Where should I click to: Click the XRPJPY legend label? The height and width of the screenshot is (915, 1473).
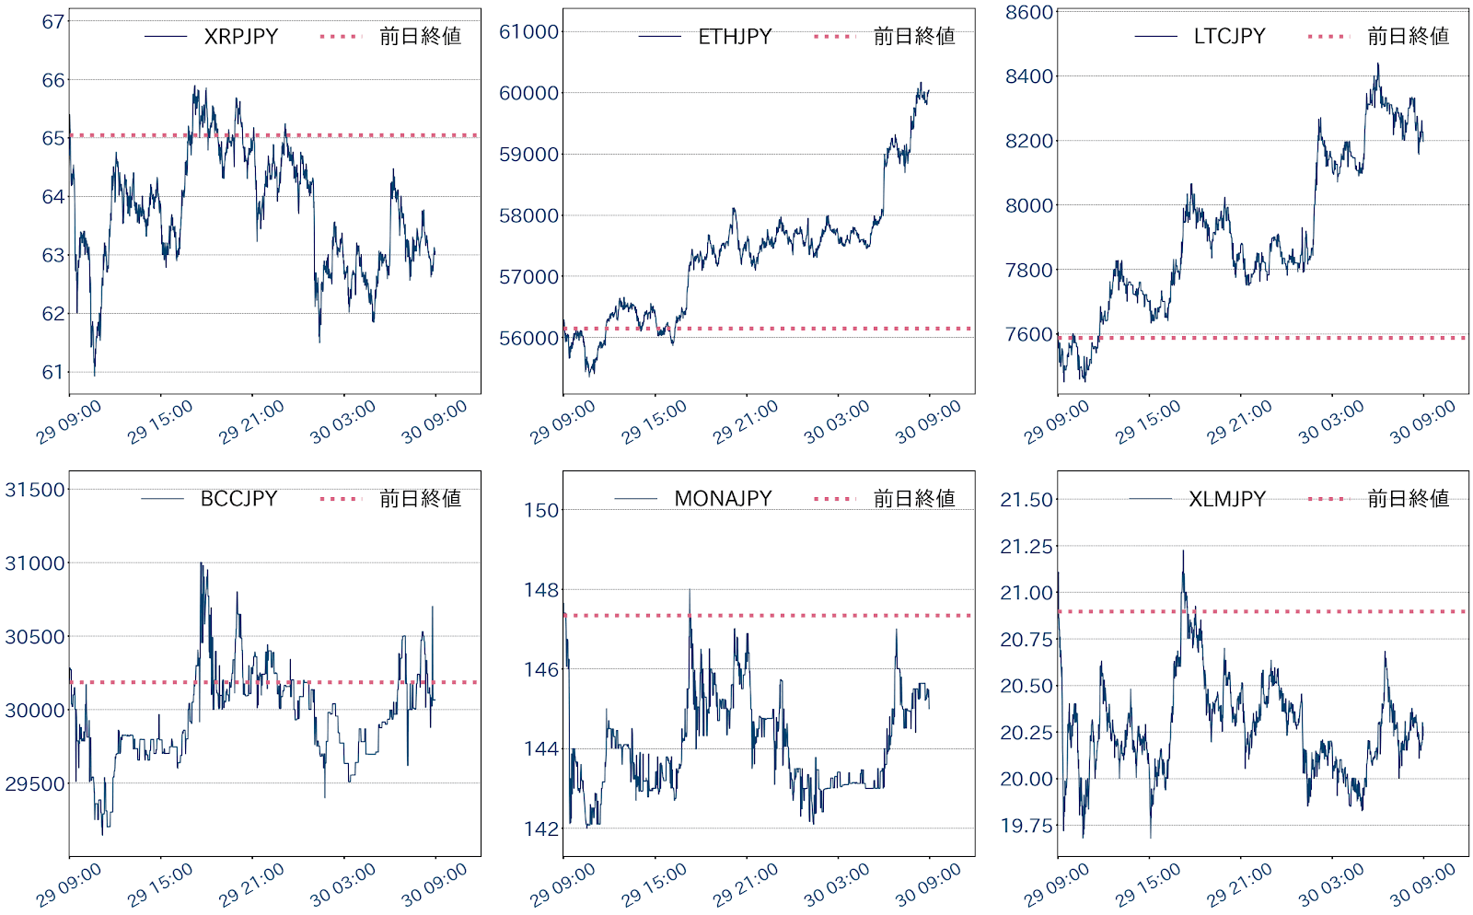240,36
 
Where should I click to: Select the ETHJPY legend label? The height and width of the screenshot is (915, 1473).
735,36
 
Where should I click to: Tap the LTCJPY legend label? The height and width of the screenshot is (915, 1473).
1229,36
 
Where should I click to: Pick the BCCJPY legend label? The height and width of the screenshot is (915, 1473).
238,498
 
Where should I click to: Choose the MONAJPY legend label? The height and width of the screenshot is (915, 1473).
723,498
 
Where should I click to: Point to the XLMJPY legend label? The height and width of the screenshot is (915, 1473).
1226,498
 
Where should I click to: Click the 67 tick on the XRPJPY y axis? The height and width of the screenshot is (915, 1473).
53,21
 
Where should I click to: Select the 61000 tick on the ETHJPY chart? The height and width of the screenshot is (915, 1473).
528,31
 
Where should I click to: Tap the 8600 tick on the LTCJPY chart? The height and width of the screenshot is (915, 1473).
1028,12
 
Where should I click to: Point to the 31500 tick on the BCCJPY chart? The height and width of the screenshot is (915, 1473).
35,490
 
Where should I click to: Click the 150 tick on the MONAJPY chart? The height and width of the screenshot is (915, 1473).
542,510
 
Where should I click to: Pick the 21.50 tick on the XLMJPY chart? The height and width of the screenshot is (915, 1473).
1026,500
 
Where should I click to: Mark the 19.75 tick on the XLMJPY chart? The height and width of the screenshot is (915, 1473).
1026,826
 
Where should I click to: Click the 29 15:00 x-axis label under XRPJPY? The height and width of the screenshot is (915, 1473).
161,421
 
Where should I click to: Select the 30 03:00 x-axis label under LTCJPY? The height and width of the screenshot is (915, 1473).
1332,421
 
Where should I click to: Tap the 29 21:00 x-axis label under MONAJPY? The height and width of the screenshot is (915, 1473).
747,883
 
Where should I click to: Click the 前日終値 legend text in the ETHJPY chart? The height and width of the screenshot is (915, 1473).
914,36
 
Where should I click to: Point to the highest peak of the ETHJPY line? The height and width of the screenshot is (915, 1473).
920,83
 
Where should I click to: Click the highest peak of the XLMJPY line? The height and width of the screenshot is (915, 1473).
1183,550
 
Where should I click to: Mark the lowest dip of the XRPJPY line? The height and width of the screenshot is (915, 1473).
94,375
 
